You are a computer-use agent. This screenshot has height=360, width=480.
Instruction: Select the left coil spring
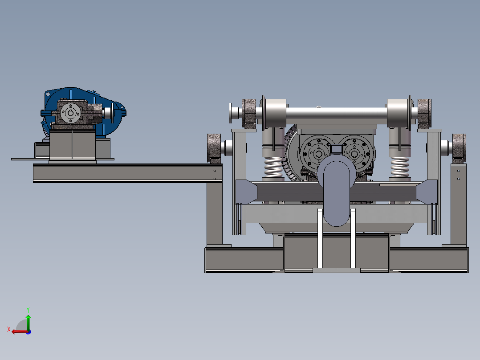coord(273,167)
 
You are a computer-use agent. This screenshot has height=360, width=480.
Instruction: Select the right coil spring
coord(399,167)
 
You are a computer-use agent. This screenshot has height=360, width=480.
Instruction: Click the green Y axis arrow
coord(28,323)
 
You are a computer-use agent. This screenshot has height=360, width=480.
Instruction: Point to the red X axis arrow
coord(20,331)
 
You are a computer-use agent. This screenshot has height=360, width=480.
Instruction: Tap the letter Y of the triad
coord(28,310)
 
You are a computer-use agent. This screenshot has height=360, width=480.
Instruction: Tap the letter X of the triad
coord(9,329)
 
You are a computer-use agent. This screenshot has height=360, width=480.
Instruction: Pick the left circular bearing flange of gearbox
coord(318,153)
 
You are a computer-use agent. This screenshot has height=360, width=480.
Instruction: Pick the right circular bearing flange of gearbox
coord(355,153)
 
